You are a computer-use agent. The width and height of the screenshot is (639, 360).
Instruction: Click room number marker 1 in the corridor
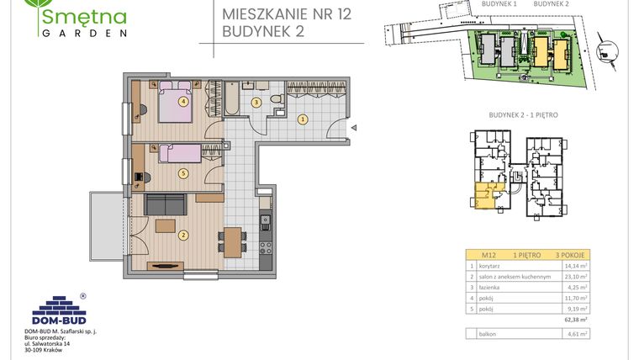302,119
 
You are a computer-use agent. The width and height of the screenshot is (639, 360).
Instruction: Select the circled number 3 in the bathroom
256,103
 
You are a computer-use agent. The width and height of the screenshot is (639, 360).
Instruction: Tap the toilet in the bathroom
274,101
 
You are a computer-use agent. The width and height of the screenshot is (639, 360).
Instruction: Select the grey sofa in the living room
166,204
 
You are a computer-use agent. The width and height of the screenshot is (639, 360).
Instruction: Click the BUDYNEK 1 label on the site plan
499,4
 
